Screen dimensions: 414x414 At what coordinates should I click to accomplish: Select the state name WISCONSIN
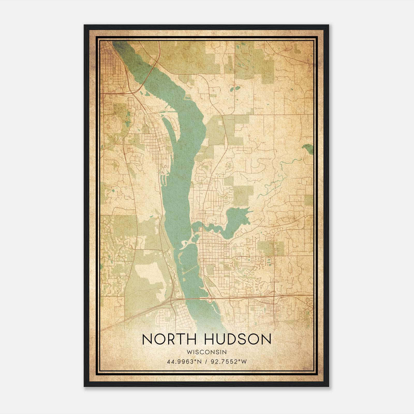click(x=206, y=352)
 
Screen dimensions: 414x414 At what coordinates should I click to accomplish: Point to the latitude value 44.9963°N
click(x=184, y=361)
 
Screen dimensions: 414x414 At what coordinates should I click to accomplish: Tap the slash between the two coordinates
click(x=206, y=361)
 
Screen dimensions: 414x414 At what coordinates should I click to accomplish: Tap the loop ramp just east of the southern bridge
click(x=210, y=300)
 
